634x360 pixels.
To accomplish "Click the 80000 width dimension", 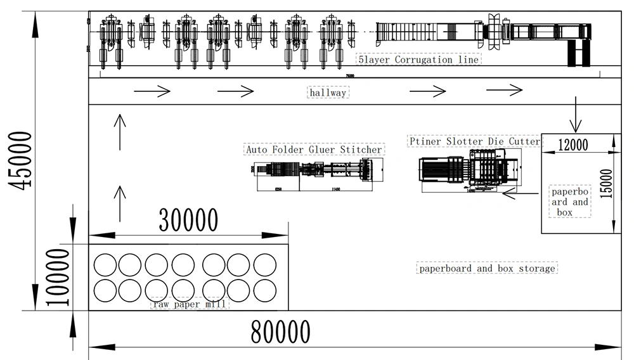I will (280, 331).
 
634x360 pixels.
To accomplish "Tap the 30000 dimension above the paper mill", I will (188, 220).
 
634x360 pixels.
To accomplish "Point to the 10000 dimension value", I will (58, 277).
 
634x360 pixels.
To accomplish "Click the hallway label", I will (328, 93).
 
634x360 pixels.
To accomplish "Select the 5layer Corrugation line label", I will (418, 60).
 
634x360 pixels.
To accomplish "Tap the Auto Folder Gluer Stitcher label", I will (314, 150).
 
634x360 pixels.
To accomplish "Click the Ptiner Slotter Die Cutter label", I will (474, 141).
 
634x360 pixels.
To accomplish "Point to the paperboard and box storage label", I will (487, 268).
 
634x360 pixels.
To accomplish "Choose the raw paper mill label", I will (189, 304).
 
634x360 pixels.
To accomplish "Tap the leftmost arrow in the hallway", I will (152, 92).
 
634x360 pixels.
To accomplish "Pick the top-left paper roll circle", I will (105, 264).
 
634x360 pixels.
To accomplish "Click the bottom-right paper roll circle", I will (266, 291).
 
